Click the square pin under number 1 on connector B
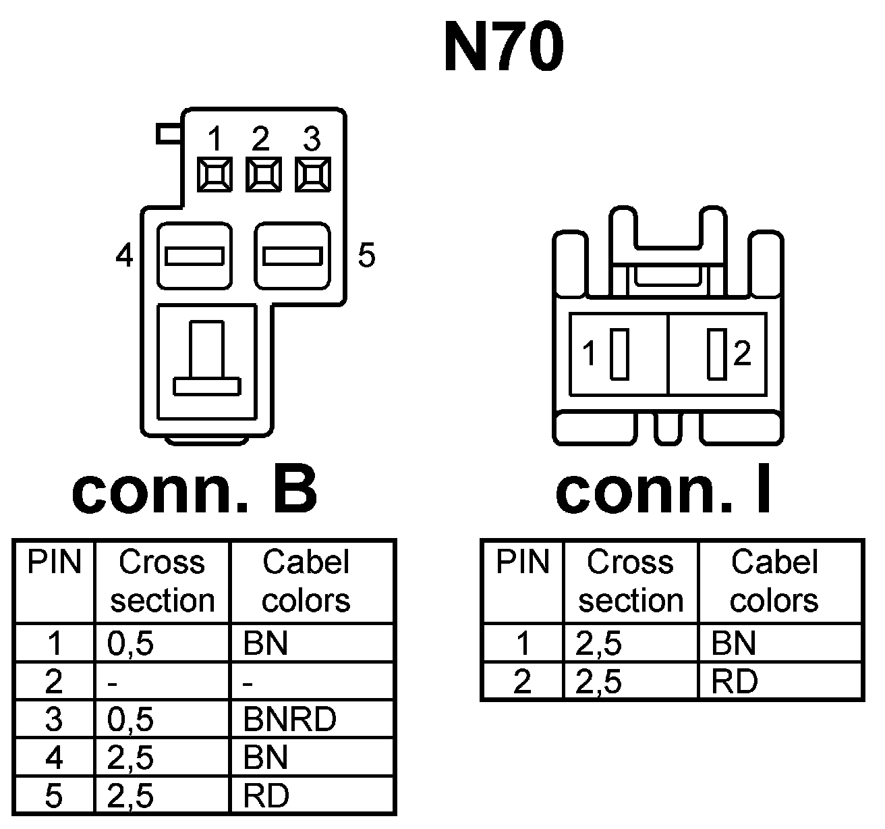tap(215, 175)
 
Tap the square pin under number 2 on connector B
tap(263, 175)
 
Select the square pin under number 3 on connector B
tap(312, 175)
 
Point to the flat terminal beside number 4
tap(195, 257)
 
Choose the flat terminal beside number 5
tap(292, 257)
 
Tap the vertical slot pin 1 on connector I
tap(619, 353)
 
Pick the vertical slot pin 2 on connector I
tap(716, 353)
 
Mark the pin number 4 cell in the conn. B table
tap(54, 757)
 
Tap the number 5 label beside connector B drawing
tap(366, 256)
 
